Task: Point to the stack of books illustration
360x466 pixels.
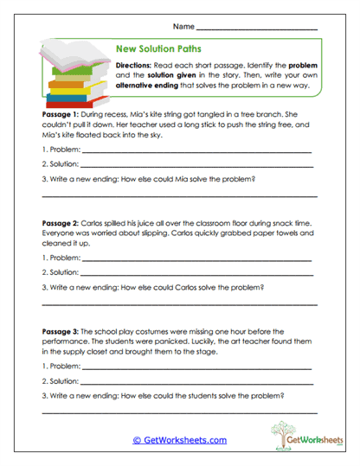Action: pyautogui.click(x=72, y=74)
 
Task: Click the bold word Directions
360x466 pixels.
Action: pyautogui.click(x=133, y=66)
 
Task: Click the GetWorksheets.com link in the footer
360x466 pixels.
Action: pyautogui.click(x=179, y=439)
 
